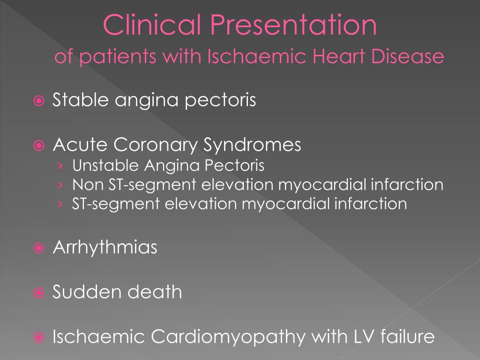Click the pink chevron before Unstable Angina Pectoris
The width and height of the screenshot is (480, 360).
(x=61, y=166)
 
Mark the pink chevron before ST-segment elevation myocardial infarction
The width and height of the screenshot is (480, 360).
(x=61, y=204)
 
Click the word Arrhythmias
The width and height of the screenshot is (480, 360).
(x=105, y=247)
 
